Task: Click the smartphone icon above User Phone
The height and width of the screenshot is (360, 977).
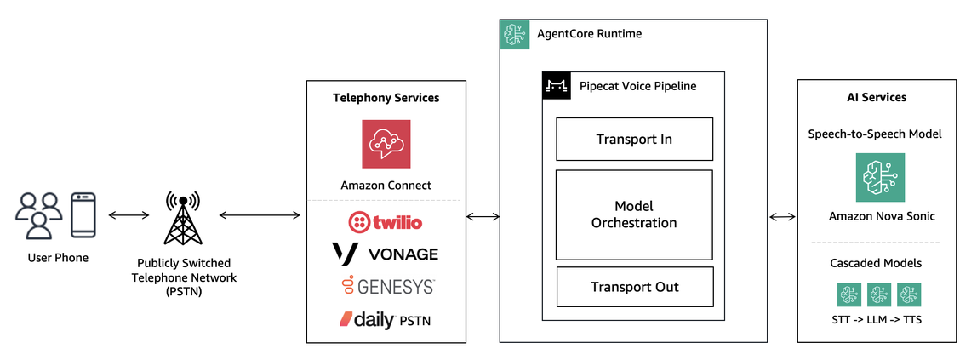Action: tap(83, 215)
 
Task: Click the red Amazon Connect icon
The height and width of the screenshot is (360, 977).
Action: tap(386, 144)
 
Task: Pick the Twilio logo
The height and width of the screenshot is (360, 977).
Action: tap(386, 222)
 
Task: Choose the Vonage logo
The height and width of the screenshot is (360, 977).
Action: tap(386, 253)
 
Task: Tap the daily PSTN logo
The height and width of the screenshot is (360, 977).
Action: tap(386, 320)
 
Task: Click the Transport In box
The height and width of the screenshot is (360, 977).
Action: tap(634, 140)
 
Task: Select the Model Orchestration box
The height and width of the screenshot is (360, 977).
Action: tap(634, 214)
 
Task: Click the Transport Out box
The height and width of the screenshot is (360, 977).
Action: tap(634, 287)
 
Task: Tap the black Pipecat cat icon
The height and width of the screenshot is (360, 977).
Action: tap(556, 86)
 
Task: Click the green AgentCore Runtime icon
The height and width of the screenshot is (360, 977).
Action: tap(514, 34)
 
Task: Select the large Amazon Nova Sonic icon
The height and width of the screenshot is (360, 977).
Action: tap(880, 177)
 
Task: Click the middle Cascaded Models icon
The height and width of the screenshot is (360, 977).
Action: tap(878, 294)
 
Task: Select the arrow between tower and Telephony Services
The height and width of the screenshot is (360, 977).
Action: tap(260, 216)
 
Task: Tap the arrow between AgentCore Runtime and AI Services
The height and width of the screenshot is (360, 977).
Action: tap(783, 216)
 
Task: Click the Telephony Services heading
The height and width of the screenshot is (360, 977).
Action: tap(386, 98)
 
